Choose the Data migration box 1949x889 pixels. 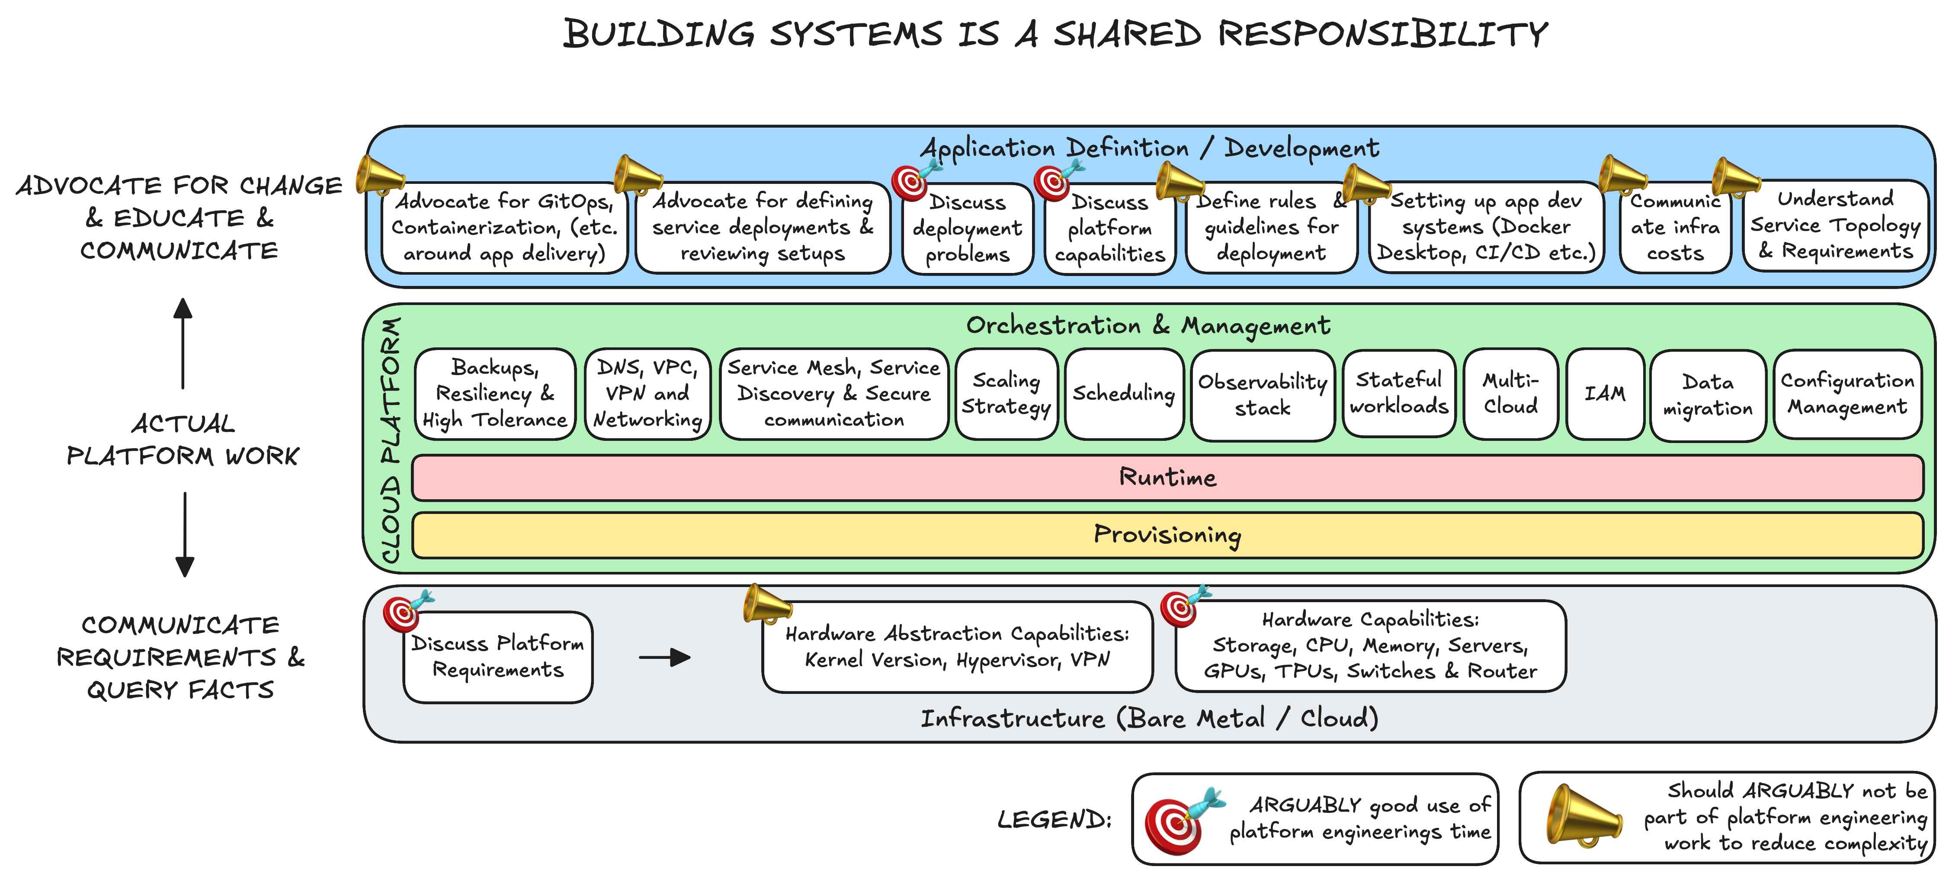pyautogui.click(x=1708, y=395)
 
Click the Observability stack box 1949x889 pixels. pyautogui.click(x=1262, y=395)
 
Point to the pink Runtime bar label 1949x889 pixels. pyautogui.click(x=1167, y=478)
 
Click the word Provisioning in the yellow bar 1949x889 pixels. pyautogui.click(x=1167, y=535)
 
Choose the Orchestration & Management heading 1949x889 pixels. pyautogui.click(x=1148, y=325)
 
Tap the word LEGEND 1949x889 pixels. pyautogui.click(x=1054, y=819)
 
